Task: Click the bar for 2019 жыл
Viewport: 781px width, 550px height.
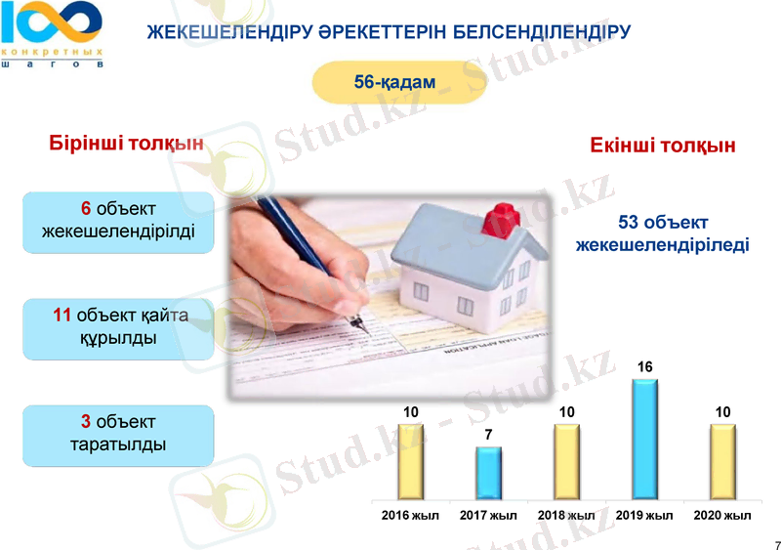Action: (x=644, y=440)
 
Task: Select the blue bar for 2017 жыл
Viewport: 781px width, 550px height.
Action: (x=488, y=474)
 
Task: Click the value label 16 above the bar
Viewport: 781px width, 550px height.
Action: (x=644, y=366)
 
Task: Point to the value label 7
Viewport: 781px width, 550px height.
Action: (x=488, y=434)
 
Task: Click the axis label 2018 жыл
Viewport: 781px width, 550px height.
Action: (x=566, y=516)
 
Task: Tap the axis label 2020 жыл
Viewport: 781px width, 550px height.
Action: (x=722, y=516)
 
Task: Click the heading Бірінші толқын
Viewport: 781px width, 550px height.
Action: (x=126, y=144)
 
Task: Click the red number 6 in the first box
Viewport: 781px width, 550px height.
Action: (x=86, y=209)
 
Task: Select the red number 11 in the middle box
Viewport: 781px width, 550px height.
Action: (x=62, y=315)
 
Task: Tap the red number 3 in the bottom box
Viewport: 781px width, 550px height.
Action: (x=86, y=422)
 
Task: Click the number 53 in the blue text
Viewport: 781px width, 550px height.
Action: (x=631, y=223)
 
